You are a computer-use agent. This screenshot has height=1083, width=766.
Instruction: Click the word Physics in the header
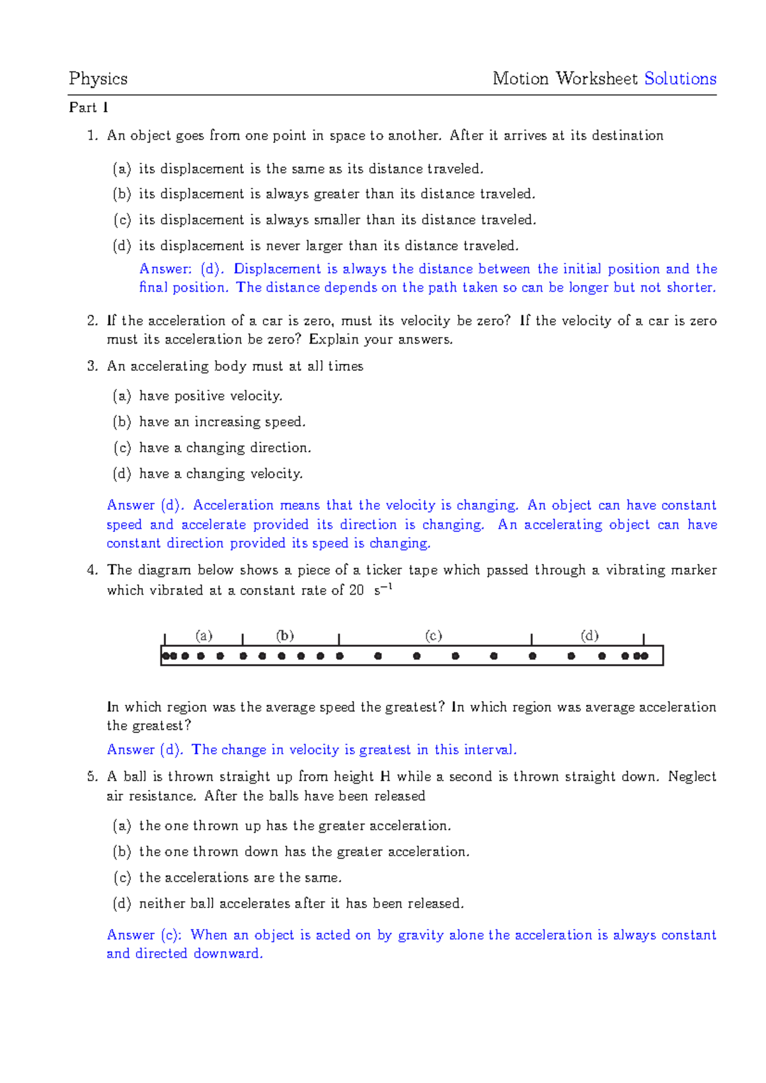coord(98,79)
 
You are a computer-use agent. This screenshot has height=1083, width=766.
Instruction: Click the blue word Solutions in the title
coord(680,79)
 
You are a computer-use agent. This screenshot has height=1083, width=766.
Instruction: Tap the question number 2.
coord(93,321)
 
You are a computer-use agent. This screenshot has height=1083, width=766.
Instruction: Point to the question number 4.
coord(93,570)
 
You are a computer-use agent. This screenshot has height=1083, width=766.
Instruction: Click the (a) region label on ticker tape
coord(204,635)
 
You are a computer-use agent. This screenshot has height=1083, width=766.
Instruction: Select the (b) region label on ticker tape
coord(285,635)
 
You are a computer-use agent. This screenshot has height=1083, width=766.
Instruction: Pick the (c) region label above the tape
coord(433,635)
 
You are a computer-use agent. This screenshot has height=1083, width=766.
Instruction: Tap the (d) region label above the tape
coord(589,635)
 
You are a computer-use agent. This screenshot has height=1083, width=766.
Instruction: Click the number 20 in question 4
coord(356,590)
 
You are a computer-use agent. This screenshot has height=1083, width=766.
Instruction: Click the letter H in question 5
coord(385,776)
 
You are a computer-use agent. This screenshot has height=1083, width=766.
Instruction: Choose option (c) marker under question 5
coord(122,877)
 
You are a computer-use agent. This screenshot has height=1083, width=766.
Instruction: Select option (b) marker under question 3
coord(122,421)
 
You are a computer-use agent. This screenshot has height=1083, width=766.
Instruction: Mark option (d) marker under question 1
coord(122,246)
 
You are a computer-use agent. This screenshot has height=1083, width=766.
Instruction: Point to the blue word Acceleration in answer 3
coord(233,505)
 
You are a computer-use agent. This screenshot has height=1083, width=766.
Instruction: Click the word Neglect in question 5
coord(692,776)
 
